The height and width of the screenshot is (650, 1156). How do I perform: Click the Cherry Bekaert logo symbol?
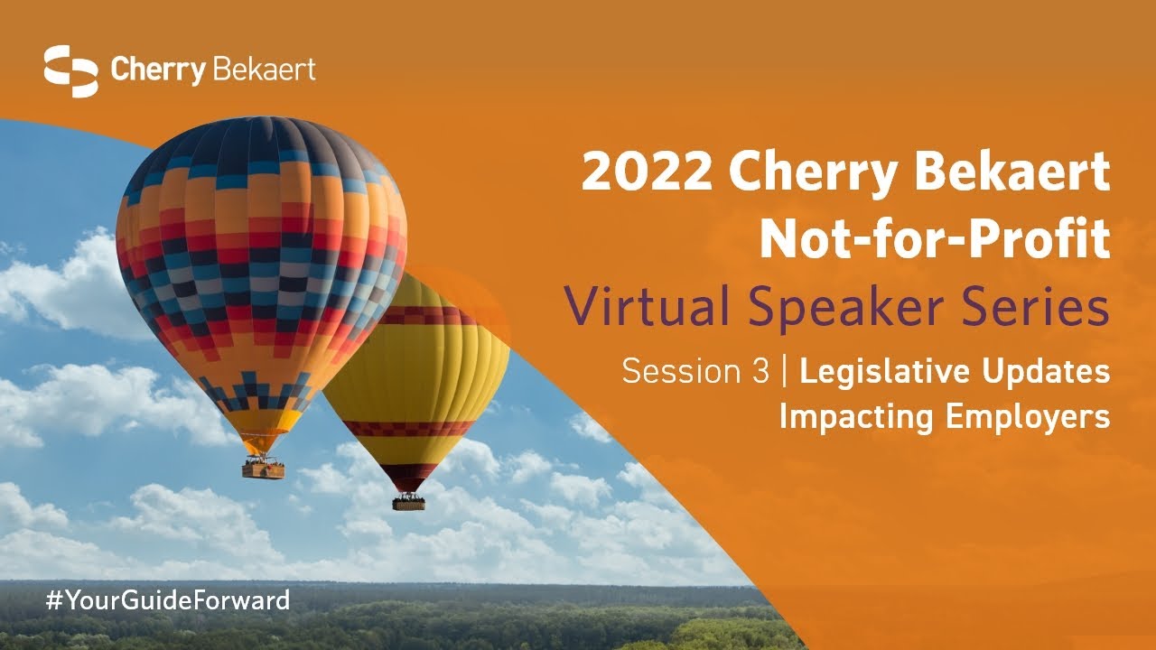(70, 71)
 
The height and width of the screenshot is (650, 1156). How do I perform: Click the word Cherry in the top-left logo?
(158, 71)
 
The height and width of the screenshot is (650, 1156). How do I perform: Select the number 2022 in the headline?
(647, 172)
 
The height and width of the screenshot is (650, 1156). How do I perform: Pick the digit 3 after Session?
(760, 371)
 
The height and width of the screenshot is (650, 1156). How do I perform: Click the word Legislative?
(885, 373)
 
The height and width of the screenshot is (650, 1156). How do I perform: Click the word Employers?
(1028, 418)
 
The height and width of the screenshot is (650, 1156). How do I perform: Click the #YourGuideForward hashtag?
(168, 601)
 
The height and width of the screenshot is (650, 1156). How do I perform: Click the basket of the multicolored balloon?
(263, 470)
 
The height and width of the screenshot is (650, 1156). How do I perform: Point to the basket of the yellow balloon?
(409, 503)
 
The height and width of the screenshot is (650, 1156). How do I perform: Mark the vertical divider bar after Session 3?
(785, 371)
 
